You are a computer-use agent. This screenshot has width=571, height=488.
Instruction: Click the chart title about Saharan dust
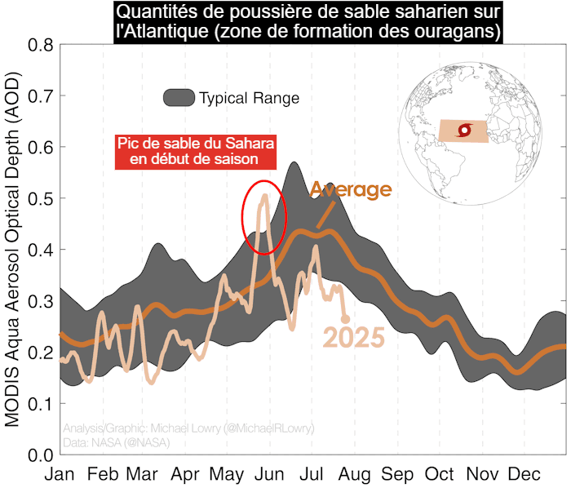click(x=308, y=23)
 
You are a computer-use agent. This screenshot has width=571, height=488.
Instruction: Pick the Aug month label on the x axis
click(x=355, y=474)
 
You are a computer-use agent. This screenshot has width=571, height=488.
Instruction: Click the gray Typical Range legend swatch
click(x=179, y=98)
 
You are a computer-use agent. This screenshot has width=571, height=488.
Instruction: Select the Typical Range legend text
click(x=249, y=99)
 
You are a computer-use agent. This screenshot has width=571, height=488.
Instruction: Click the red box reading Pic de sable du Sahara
click(x=195, y=151)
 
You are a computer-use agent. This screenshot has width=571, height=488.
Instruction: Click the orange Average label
click(x=351, y=190)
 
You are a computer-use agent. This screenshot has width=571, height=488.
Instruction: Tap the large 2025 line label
click(x=353, y=337)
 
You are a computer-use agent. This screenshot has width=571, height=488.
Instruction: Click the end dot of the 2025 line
click(x=345, y=318)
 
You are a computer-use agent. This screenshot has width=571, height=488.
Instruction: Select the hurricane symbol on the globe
click(x=465, y=131)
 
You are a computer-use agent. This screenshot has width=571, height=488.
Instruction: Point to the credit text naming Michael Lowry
click(x=188, y=428)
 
